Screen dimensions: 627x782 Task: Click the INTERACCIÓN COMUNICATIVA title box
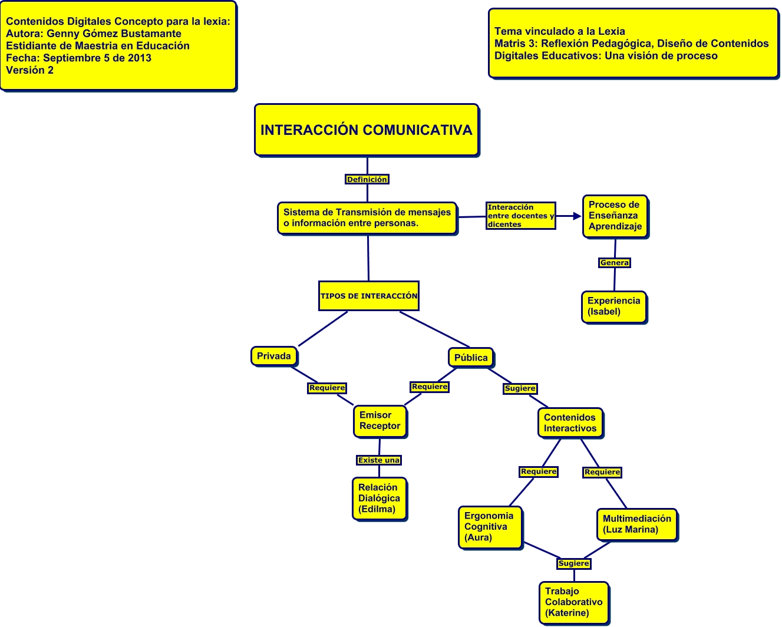click(x=367, y=130)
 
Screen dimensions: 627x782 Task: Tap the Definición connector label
click(x=367, y=179)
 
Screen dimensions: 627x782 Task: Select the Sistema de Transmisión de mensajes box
click(x=367, y=218)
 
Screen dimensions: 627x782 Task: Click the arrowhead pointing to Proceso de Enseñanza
click(x=577, y=216)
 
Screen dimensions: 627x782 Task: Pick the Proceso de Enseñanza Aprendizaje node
click(x=615, y=216)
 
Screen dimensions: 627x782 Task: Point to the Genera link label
click(x=615, y=263)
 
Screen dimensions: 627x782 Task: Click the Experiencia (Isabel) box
click(x=613, y=306)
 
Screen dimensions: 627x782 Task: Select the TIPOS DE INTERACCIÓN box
click(x=369, y=296)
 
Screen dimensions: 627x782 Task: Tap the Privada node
click(x=274, y=356)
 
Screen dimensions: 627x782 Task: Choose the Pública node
click(x=471, y=358)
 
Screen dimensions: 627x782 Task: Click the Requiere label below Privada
click(x=327, y=388)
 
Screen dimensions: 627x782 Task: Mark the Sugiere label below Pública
click(x=520, y=388)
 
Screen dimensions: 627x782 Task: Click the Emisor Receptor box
click(x=380, y=421)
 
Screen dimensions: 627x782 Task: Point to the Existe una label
click(x=379, y=460)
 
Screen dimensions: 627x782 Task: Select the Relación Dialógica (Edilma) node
click(x=379, y=499)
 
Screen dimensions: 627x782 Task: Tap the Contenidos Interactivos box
click(x=570, y=423)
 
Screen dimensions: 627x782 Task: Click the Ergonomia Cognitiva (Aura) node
click(x=490, y=527)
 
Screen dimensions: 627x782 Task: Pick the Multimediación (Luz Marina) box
click(x=636, y=524)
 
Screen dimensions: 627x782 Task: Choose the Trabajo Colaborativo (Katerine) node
click(x=573, y=602)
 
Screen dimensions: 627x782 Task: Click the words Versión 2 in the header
click(x=30, y=70)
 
